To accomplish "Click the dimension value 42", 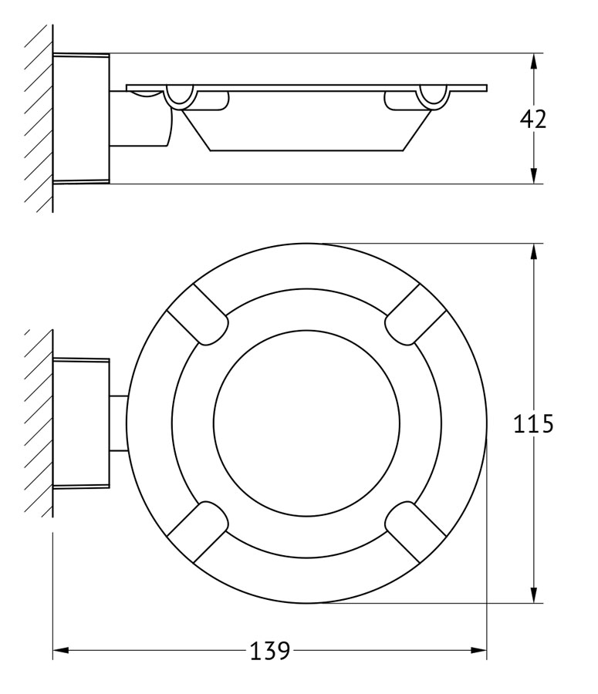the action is pyautogui.click(x=533, y=119).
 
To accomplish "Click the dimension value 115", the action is pyautogui.click(x=533, y=423).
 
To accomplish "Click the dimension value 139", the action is pyautogui.click(x=270, y=651).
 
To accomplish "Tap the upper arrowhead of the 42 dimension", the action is pyautogui.click(x=534, y=61).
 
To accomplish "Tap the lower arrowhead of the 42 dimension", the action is pyautogui.click(x=534, y=176).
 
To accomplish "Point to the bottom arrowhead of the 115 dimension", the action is pyautogui.click(x=534, y=595).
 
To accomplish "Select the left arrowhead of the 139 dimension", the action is pyautogui.click(x=61, y=650).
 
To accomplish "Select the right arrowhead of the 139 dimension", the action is pyautogui.click(x=478, y=650).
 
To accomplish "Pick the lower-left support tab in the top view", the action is pyautogui.click(x=198, y=532).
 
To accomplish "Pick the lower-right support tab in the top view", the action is pyautogui.click(x=416, y=532).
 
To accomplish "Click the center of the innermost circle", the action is pyautogui.click(x=306, y=423).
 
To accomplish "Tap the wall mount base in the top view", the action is pyautogui.click(x=81, y=423).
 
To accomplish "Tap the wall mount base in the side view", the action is pyautogui.click(x=81, y=119).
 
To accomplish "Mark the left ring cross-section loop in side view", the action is pyautogui.click(x=180, y=97).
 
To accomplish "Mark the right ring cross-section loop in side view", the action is pyautogui.click(x=433, y=97).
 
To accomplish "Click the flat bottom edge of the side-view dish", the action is pyautogui.click(x=306, y=151).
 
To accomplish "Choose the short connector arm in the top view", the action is pyautogui.click(x=119, y=423).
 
